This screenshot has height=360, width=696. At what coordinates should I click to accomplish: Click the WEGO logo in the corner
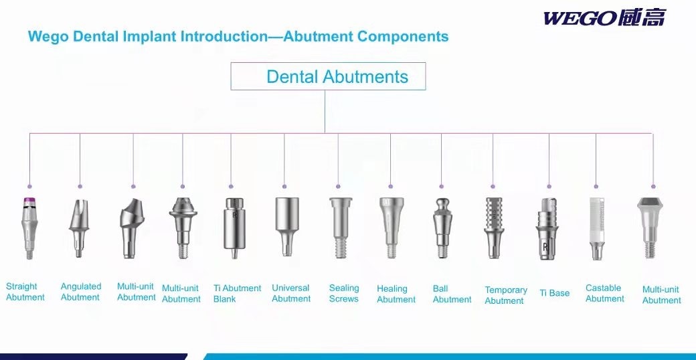(604, 18)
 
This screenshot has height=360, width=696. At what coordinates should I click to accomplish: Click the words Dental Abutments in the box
(337, 77)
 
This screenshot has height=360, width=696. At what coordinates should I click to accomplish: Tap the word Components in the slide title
(403, 36)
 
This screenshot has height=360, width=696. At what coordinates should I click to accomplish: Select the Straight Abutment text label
(25, 292)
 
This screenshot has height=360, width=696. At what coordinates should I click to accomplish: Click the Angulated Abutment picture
(80, 228)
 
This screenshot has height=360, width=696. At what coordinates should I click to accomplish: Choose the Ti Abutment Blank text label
(237, 293)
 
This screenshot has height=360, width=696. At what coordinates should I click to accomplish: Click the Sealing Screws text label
(344, 293)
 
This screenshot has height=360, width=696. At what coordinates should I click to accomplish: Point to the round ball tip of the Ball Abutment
(441, 203)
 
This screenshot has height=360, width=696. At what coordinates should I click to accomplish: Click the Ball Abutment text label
(452, 294)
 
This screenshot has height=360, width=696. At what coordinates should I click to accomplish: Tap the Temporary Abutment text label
(506, 295)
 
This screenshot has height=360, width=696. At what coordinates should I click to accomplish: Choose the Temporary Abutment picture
(494, 228)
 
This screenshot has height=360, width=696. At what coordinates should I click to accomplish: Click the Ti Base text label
(554, 293)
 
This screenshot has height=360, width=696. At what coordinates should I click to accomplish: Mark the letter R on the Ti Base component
(545, 247)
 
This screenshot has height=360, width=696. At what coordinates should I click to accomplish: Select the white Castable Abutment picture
(596, 228)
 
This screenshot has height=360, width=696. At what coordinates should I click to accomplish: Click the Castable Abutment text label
(604, 293)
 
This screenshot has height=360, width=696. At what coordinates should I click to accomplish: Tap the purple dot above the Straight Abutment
(29, 187)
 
